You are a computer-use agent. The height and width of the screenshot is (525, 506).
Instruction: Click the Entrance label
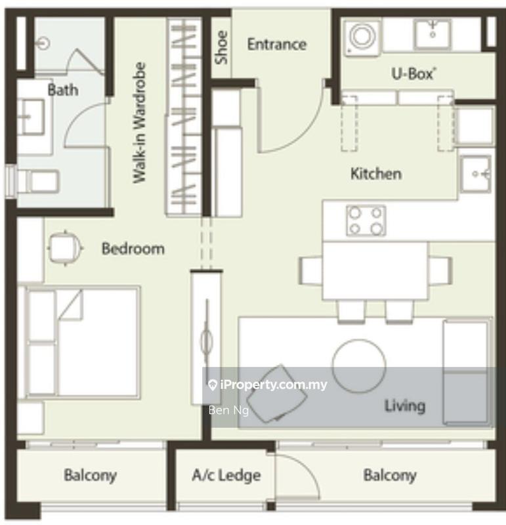[276, 44]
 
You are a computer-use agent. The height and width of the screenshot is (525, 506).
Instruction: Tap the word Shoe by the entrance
[221, 47]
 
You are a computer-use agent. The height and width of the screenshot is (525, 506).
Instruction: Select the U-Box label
[413, 74]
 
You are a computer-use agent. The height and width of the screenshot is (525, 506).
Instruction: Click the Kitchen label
[376, 174]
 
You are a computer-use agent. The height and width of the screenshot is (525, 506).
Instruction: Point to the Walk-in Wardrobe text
[140, 123]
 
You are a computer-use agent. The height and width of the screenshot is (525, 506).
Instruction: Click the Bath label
[63, 90]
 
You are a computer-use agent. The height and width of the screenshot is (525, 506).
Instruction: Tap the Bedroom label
[133, 249]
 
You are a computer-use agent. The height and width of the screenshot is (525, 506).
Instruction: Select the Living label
[405, 406]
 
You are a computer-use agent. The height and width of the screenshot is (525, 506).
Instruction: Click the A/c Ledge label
[226, 475]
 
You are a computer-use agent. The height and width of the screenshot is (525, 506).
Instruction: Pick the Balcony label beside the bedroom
[90, 475]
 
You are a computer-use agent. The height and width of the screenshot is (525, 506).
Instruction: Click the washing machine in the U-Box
[362, 37]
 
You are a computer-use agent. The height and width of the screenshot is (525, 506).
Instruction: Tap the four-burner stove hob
[366, 221]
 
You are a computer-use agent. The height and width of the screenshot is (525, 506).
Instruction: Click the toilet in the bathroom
[38, 182]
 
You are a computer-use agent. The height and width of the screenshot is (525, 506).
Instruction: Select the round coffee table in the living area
[359, 366]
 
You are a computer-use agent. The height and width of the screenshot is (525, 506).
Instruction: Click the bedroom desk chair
[66, 248]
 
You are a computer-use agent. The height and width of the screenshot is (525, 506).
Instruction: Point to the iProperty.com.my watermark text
[273, 385]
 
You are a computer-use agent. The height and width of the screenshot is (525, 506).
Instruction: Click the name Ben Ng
[229, 410]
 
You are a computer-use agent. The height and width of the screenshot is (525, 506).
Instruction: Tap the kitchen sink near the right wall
[476, 174]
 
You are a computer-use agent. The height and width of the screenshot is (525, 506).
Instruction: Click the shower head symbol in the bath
[43, 43]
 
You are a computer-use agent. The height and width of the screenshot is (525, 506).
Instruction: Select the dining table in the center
[375, 270]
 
